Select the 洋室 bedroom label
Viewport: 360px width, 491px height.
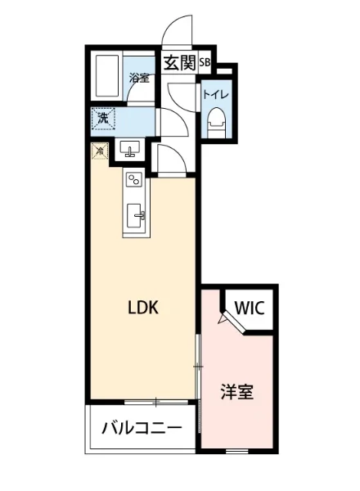click(236, 392)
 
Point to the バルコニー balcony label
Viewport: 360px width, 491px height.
click(142, 428)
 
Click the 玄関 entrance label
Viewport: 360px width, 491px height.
click(179, 63)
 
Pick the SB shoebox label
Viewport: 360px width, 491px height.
click(205, 62)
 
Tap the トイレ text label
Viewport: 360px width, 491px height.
click(217, 94)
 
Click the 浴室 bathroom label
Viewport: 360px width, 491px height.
click(139, 79)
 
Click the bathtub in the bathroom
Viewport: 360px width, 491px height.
click(108, 77)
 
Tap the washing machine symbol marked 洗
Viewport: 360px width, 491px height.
click(104, 119)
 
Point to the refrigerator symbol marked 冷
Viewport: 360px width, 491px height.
click(99, 151)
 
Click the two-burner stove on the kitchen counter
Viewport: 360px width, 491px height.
click(135, 180)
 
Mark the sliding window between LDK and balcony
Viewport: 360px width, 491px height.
click(156, 401)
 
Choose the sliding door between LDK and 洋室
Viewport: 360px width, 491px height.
click(197, 368)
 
